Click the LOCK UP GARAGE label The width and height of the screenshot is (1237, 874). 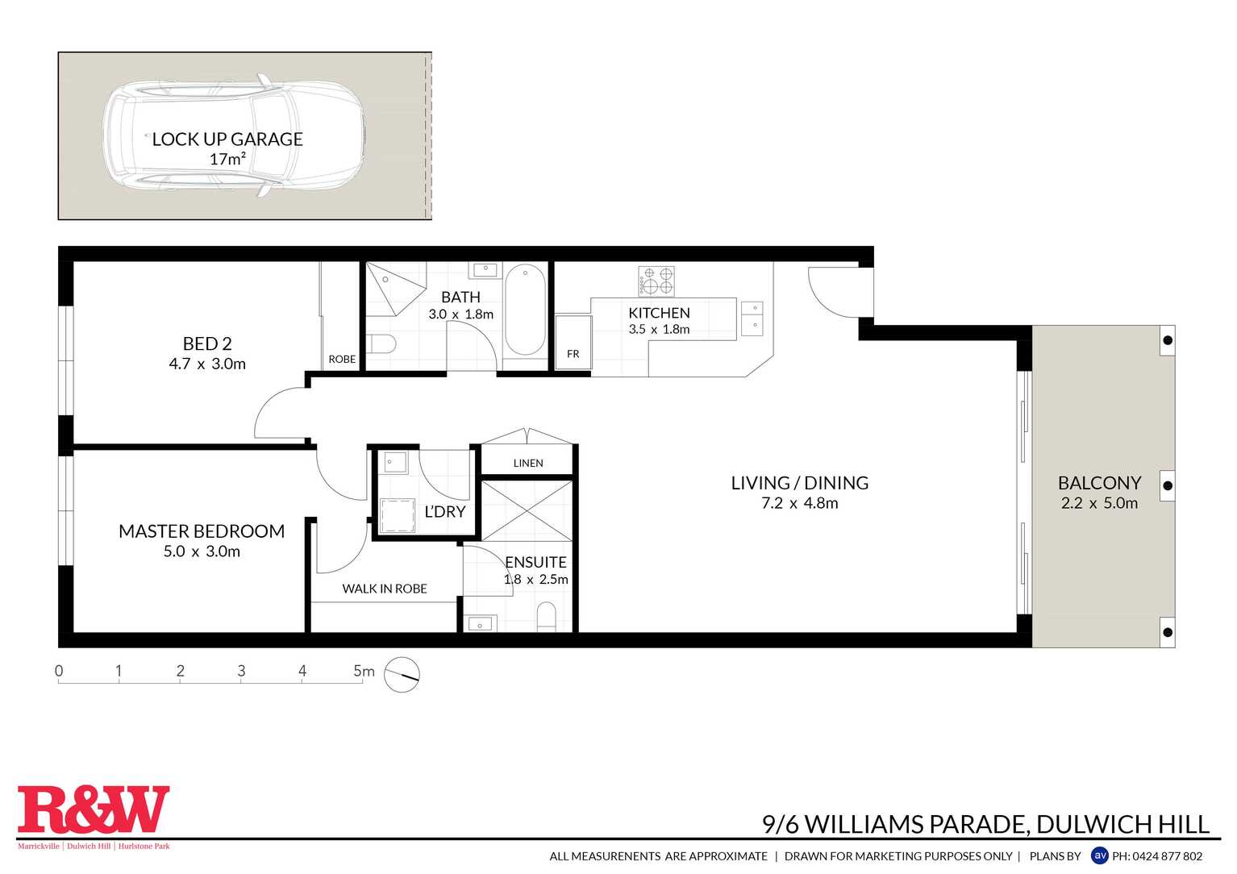pos(227,139)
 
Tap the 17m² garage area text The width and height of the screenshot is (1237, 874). pos(227,160)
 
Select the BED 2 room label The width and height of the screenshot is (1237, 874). pos(207,343)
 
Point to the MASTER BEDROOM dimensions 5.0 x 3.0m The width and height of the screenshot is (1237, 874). pos(202,551)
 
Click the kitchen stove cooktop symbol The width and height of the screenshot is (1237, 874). pos(656,281)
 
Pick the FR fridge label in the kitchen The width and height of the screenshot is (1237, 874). pos(573,354)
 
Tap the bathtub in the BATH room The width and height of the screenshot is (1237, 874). pos(525,310)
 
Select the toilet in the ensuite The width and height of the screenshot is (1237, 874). pos(547,618)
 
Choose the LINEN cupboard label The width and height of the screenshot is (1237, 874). pos(528,463)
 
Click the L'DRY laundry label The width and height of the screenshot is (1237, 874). pos(444,512)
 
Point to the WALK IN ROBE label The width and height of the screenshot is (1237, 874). pos(385,589)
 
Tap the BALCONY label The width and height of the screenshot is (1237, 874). pos(1099,483)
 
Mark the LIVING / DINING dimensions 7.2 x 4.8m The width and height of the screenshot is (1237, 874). pos(800,503)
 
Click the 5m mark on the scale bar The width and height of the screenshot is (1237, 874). pos(363,671)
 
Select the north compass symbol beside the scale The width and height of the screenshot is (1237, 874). pos(402,674)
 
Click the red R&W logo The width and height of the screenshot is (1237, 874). pos(94,809)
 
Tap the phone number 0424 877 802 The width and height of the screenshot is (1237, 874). pos(1167,856)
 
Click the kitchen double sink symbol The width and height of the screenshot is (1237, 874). pos(752,318)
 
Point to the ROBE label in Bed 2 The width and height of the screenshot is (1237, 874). pos(342,359)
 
